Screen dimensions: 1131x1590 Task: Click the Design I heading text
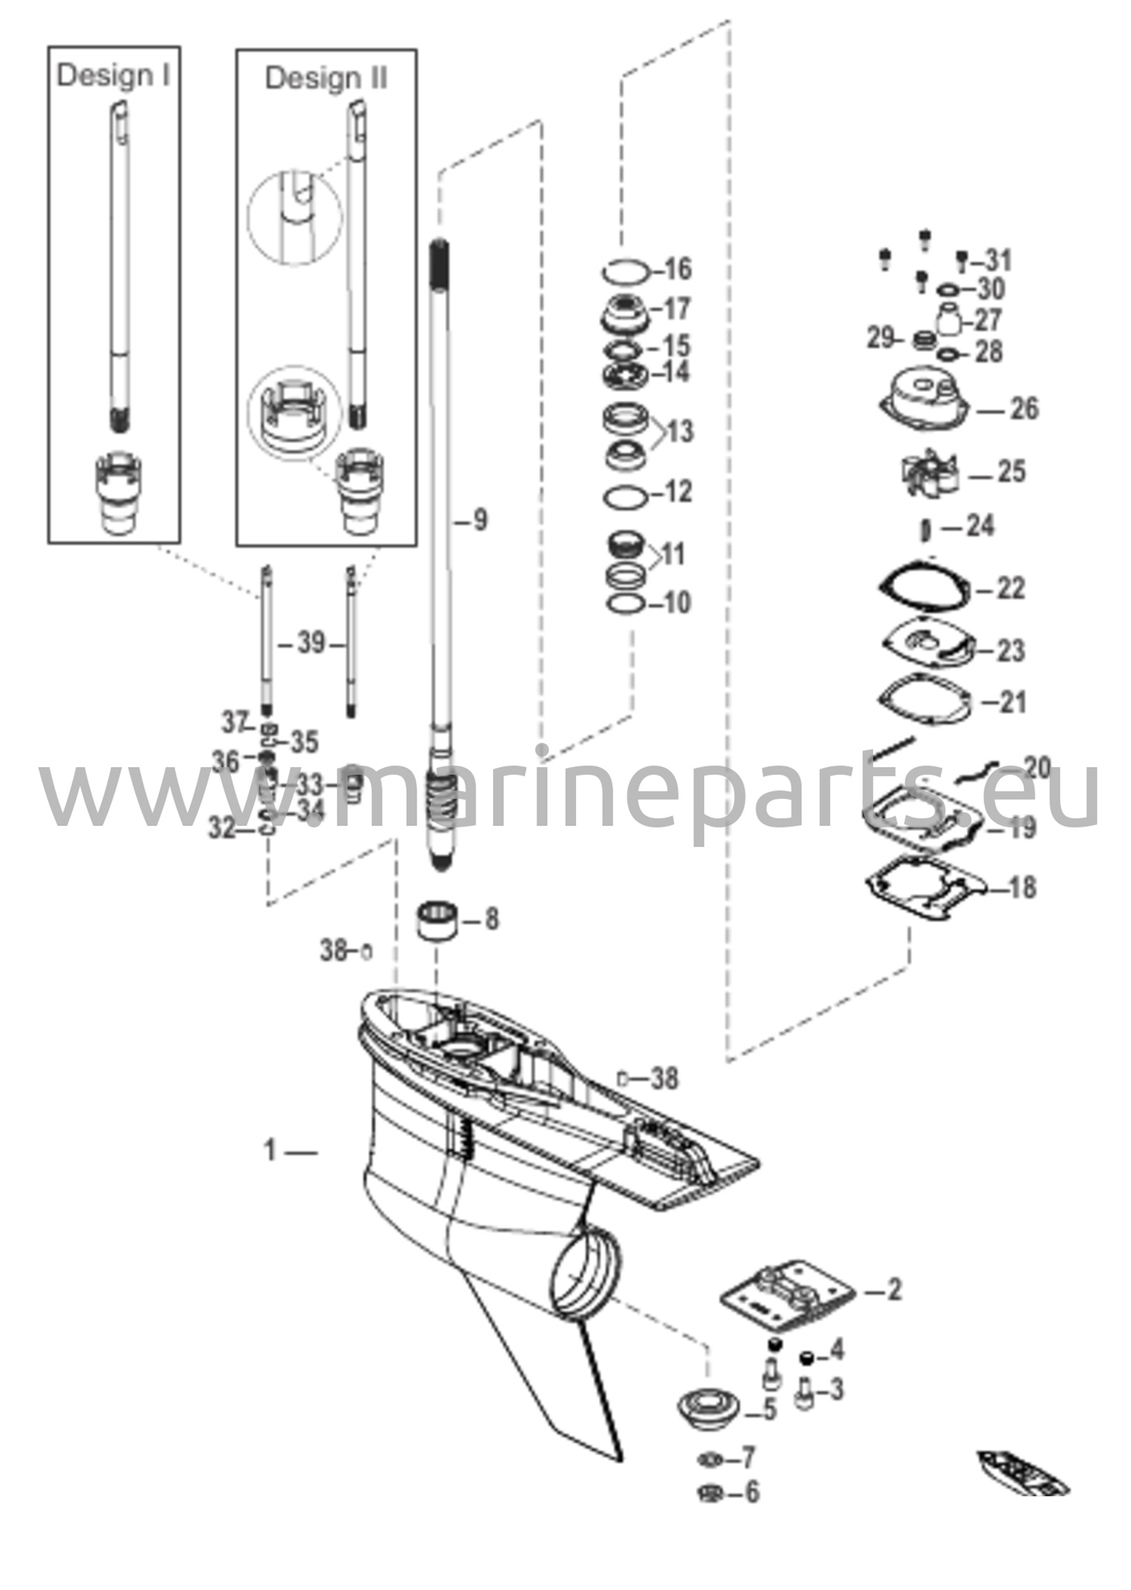(x=113, y=75)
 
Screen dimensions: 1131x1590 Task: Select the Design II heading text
(x=325, y=78)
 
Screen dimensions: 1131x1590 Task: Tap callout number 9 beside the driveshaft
(x=480, y=520)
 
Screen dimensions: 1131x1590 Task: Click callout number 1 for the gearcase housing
(x=270, y=1150)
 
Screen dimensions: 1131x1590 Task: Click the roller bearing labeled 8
(x=437, y=922)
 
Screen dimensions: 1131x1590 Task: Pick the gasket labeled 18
(x=925, y=887)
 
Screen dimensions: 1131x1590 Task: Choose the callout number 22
(x=1010, y=588)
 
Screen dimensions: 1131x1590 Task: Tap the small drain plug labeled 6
(x=709, y=1492)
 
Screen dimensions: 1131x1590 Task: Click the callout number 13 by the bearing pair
(x=680, y=431)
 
